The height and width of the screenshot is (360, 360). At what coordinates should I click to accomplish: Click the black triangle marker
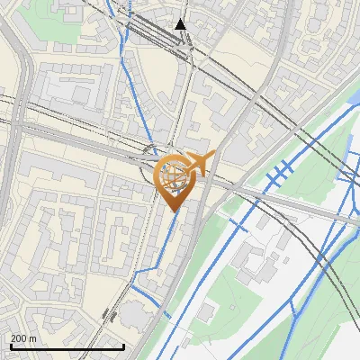point(181,23)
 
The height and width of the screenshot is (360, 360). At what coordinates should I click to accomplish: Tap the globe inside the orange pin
point(173,176)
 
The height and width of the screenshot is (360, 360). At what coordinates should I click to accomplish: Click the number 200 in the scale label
point(19,338)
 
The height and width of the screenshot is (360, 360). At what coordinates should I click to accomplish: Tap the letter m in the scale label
point(33,338)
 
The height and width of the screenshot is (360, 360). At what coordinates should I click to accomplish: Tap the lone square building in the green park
point(207,311)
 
